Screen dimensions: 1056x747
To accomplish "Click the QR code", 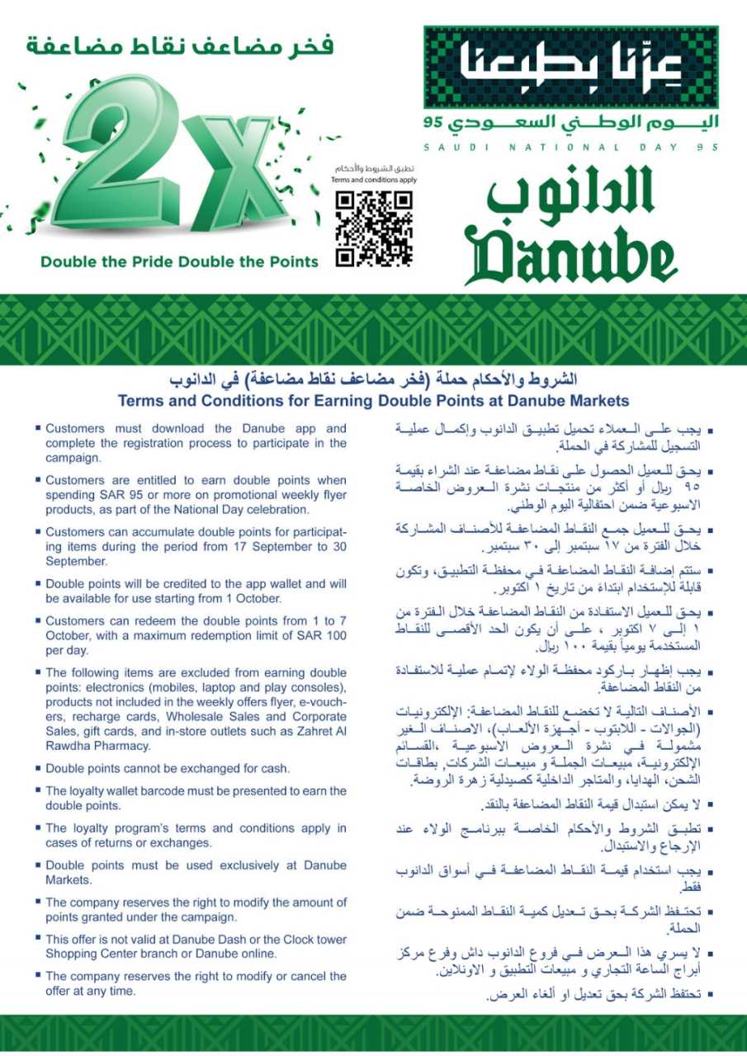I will (x=373, y=229).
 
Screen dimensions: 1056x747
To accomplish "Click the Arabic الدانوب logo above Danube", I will (x=561, y=196).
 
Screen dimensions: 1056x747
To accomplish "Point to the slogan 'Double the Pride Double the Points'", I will (x=179, y=262).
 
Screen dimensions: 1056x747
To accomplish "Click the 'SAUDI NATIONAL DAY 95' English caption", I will (x=570, y=147).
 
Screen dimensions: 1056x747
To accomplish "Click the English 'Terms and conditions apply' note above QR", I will (x=373, y=179).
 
